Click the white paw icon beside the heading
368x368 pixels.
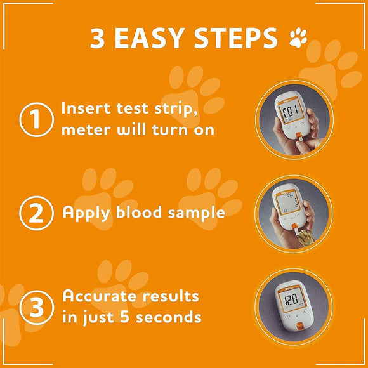pos(298,39)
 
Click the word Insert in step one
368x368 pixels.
pos(89,108)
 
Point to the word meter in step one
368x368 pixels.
pos(84,130)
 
